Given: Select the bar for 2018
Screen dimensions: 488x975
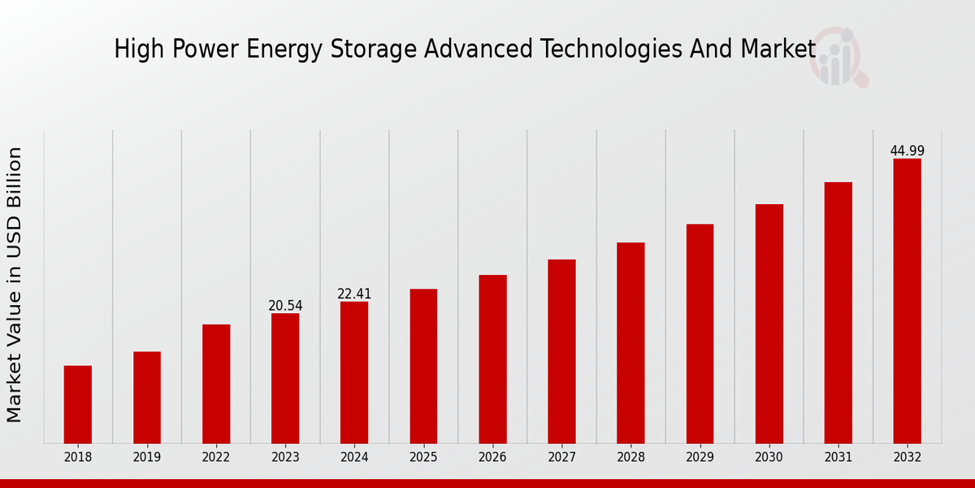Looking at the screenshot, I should pos(78,404).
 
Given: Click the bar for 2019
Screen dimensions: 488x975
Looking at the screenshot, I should pos(147,397).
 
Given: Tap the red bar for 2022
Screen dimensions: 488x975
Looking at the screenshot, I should pos(216,384).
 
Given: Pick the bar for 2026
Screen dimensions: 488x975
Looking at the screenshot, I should pos(492,359).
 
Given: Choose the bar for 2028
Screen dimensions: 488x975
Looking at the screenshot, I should pos(630,342).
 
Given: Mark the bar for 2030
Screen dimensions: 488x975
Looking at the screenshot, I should pos(769,324).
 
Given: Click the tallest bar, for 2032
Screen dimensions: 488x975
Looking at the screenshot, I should pos(907,301).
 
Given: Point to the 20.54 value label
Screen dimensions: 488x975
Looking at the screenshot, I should pos(285,306).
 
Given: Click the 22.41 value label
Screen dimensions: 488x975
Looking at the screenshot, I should pos(354,294).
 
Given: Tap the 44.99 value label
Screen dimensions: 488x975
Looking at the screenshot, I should pos(907,150).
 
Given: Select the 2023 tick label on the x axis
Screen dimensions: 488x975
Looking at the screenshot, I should pos(285,457).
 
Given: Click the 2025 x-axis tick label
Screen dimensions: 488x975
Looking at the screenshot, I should pos(423,457).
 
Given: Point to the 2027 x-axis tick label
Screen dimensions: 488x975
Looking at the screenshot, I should pos(561,457).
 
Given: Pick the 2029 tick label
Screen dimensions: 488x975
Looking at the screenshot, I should pos(700,457).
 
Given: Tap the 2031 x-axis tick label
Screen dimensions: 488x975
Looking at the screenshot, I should pos(838,457).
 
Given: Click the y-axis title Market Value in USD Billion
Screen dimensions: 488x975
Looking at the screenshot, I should pos(15,285).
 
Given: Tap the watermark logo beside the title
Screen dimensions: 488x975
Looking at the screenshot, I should pos(838,57).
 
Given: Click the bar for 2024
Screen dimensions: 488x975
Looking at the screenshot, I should pos(354,373).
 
